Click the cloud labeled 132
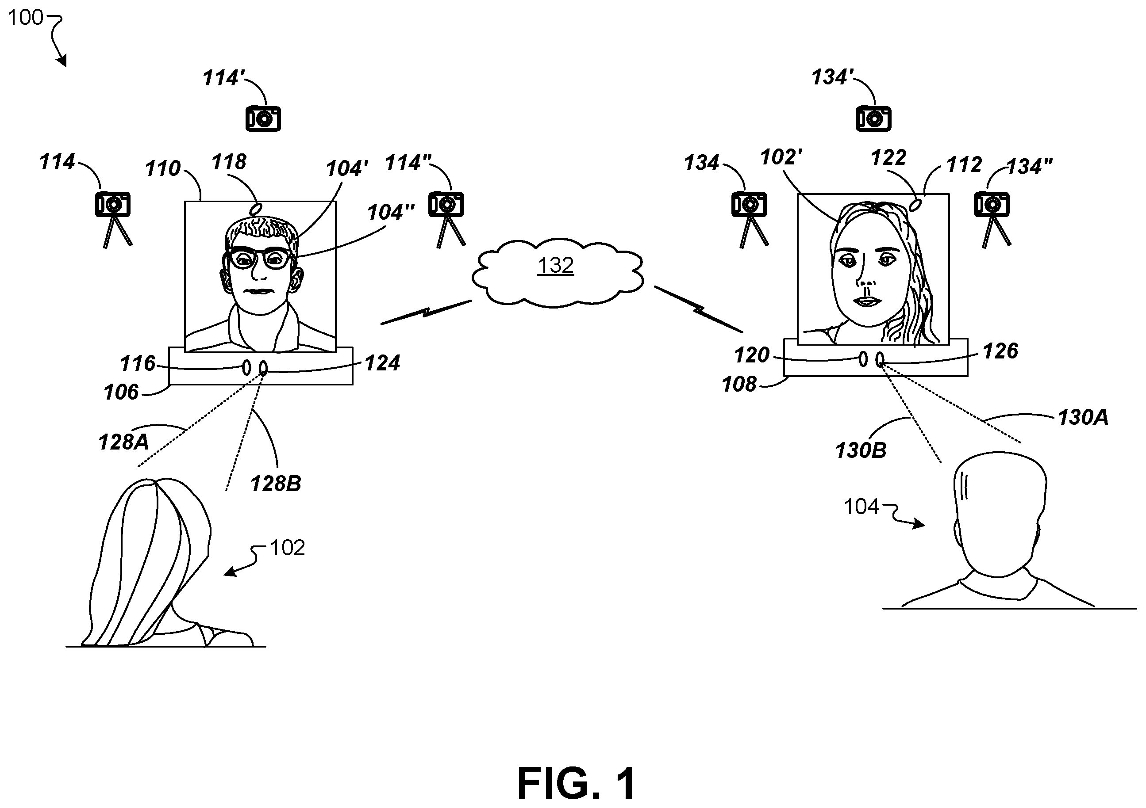[557, 272]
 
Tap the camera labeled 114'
[263, 119]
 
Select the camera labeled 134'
[873, 119]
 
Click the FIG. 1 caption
[577, 784]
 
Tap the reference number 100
[26, 18]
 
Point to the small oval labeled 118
[258, 208]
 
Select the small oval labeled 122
[916, 205]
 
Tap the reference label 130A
[1083, 417]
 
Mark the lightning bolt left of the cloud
[426, 312]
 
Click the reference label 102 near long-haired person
[287, 548]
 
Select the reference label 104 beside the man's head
[861, 507]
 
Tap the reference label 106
[121, 393]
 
